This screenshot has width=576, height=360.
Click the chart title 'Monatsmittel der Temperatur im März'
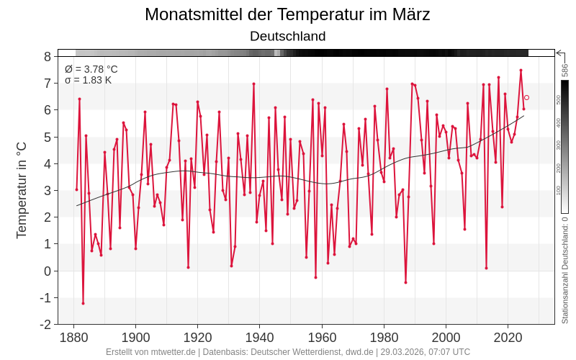(287, 14)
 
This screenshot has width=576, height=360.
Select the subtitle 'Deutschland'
(287, 36)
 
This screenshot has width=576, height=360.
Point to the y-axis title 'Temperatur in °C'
(22, 190)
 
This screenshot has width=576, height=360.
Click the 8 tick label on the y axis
(47, 57)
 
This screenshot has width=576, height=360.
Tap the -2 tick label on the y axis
(45, 324)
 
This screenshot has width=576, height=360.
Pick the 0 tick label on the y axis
(47, 271)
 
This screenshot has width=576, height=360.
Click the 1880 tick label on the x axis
(73, 337)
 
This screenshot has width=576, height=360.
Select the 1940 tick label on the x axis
(260, 337)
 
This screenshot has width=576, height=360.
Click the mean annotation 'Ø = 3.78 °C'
(91, 69)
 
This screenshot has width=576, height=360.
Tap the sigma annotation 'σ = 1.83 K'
(88, 80)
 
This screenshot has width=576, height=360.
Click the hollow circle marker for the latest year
(526, 97)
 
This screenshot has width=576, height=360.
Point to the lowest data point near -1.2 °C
(83, 303)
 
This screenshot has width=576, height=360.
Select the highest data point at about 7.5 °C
(521, 70)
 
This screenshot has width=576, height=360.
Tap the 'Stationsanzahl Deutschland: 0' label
(565, 270)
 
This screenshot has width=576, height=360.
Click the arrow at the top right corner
(560, 53)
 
